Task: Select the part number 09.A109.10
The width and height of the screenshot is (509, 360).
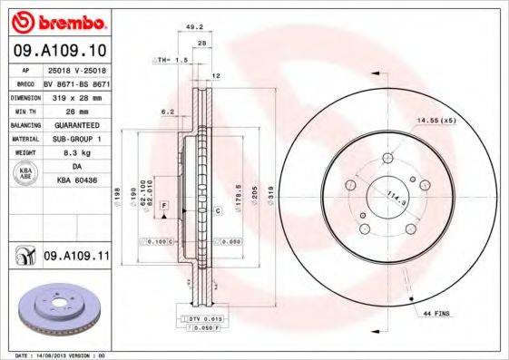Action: (58, 52)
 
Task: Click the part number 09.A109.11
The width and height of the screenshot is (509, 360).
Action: (75, 258)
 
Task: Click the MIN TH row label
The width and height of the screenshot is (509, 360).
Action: (23, 110)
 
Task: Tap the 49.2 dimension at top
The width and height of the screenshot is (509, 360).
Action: (192, 27)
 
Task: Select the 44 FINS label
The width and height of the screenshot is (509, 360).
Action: (437, 313)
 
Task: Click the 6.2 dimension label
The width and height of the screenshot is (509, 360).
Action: (167, 112)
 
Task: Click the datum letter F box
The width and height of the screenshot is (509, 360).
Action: (164, 208)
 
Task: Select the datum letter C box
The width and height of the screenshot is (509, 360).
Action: (219, 210)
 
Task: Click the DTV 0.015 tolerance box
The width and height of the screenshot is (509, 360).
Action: (204, 319)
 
